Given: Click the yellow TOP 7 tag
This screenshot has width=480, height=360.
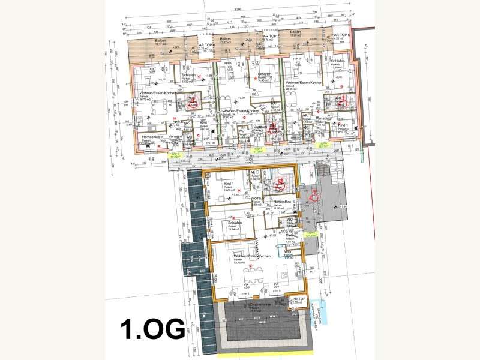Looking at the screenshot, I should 259,149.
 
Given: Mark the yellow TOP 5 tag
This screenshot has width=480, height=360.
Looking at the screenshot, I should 310,234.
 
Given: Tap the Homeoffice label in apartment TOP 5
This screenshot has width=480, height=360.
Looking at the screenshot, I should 283,202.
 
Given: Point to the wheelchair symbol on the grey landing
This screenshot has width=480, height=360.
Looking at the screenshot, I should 313,194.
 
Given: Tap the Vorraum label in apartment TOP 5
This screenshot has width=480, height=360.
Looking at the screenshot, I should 258,198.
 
